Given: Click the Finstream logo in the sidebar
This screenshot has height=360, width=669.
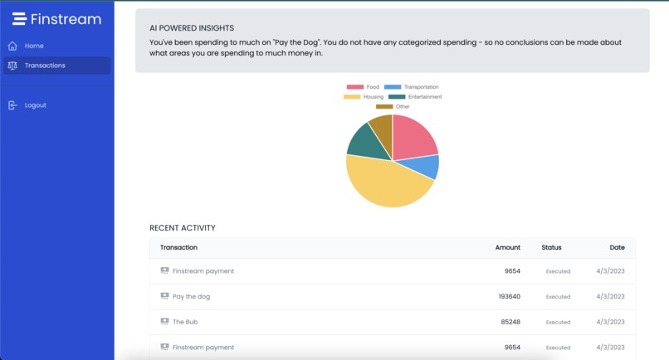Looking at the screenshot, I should [x=56, y=18].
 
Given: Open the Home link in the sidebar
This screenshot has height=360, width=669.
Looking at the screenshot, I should [x=34, y=46].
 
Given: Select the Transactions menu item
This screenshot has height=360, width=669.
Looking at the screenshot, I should [x=45, y=66].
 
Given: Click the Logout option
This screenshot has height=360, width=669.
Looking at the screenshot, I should [x=35, y=105].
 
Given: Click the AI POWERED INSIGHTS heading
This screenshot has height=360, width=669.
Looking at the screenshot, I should [x=191, y=28].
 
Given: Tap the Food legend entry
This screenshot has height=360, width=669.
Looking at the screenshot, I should [x=364, y=87].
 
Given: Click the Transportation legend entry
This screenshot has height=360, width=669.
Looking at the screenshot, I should [x=412, y=87].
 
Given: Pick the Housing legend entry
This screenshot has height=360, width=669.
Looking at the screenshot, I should [x=364, y=97].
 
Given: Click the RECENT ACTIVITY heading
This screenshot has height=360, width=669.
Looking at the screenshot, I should [x=182, y=228].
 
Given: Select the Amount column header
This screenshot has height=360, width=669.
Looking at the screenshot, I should [x=507, y=247].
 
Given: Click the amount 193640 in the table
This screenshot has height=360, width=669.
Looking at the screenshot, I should [x=509, y=296].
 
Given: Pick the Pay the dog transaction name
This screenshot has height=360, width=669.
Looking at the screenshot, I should [x=191, y=296].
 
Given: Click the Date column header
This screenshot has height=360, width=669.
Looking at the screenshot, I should [x=617, y=247].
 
